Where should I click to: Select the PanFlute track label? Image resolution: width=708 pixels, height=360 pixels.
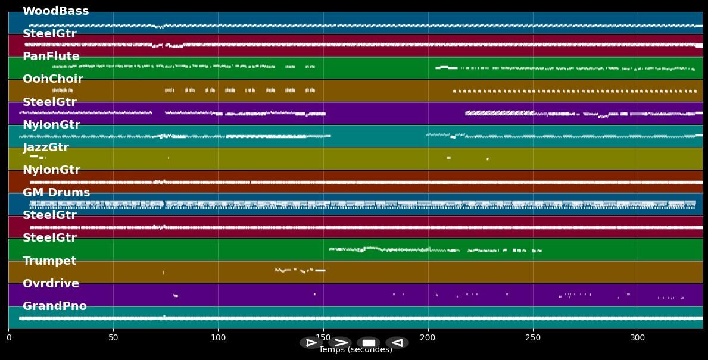51,57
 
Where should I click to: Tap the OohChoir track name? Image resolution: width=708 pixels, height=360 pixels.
52,79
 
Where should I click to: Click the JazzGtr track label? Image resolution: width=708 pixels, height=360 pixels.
45,148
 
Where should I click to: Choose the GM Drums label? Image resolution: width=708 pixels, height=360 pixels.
56,193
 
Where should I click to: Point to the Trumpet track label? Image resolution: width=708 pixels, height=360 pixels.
49,261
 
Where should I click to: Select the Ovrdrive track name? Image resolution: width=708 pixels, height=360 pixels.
51,284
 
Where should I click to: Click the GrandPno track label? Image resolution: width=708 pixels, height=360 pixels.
54,306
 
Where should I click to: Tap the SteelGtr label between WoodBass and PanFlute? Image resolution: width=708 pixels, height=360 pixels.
49,34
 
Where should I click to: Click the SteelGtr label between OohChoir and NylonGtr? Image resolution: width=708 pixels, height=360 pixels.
49,102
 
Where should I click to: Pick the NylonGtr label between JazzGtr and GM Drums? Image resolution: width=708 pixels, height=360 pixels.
51,170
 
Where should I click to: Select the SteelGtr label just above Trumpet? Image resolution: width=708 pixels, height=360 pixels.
49,238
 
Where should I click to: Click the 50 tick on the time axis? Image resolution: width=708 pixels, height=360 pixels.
113,338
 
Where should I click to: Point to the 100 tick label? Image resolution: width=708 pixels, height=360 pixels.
218,338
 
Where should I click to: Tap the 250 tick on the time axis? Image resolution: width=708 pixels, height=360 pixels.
533,338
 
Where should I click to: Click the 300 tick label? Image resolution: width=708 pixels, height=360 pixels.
638,338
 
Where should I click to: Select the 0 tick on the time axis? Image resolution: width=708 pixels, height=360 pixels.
8,338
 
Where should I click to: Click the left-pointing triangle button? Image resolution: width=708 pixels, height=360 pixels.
397,343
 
